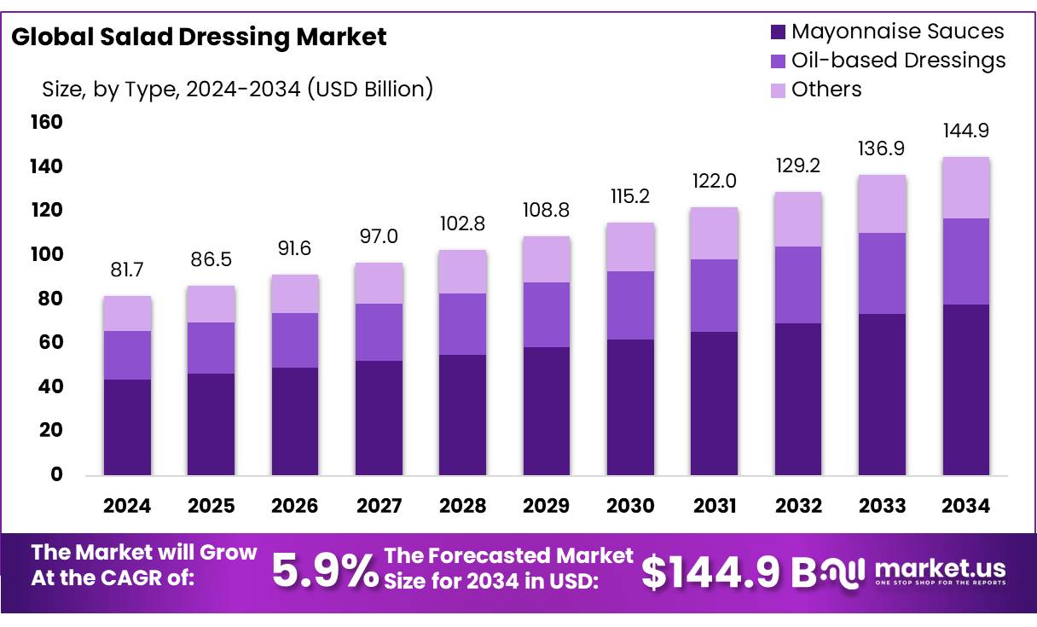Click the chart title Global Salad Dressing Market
coord(199,37)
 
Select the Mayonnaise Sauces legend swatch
coord(777,32)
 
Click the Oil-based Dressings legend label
coord(898,61)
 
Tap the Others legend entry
coord(826,90)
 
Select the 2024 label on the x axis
coord(127,506)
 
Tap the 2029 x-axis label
coord(547,506)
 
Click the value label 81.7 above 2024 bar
coord(127,270)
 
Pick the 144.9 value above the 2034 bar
coord(965,131)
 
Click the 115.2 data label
coord(630,196)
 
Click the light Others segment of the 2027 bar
coord(379,283)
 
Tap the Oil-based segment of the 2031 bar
coord(714,295)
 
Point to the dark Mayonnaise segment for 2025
coord(211,424)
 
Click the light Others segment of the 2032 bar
coord(798,219)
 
